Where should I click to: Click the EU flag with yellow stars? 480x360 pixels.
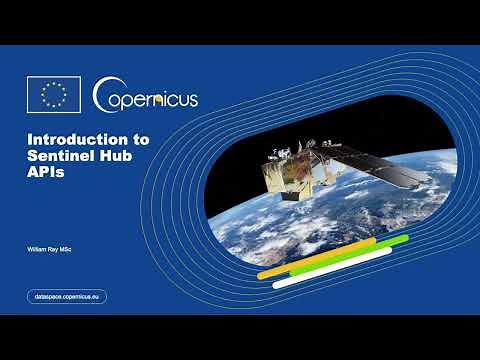(x=53, y=95)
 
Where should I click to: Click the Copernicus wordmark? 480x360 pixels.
(x=146, y=97)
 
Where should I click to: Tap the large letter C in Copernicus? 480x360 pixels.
(x=103, y=96)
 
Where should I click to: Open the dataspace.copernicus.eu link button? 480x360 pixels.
(x=66, y=296)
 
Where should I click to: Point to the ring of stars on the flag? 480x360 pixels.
(x=53, y=95)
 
